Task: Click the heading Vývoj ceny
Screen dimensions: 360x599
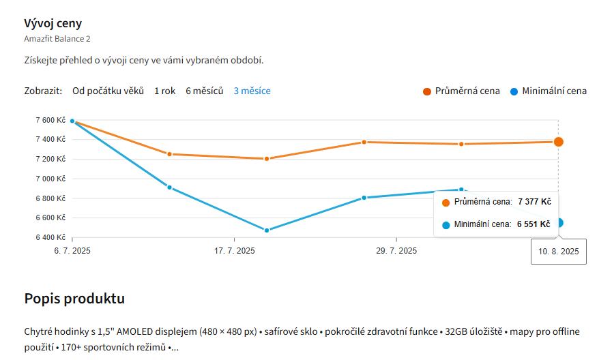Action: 53,22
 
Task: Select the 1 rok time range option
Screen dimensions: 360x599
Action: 164,91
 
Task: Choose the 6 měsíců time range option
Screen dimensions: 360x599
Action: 204,91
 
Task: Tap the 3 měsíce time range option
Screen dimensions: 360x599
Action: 252,91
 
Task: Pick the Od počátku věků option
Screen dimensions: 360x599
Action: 108,91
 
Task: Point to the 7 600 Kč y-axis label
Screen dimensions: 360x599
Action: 50,120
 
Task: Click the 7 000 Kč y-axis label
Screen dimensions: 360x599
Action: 50,179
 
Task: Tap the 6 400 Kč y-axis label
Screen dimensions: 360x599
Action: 50,237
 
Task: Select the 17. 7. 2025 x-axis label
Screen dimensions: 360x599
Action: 234,251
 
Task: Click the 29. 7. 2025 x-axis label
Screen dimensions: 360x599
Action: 396,251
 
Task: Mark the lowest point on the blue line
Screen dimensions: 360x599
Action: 267,230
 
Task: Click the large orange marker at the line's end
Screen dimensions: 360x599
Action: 558,142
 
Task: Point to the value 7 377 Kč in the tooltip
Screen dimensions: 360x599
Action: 534,202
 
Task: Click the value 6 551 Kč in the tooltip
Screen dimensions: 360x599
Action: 533,224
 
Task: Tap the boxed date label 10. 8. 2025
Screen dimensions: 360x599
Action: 558,252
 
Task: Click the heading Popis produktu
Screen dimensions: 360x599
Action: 74,299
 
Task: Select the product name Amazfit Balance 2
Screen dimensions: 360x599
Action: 57,39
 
